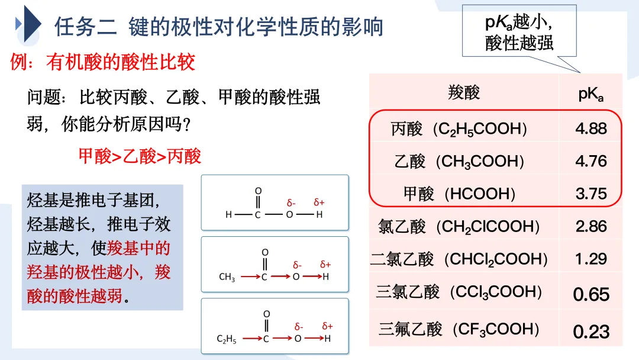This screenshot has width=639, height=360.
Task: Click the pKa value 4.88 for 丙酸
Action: (591, 128)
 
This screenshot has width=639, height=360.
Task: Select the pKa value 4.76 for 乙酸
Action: (591, 161)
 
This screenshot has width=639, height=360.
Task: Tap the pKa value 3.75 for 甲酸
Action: (591, 194)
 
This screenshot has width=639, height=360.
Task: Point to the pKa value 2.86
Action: (591, 226)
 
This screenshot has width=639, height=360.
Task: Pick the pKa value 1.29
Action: (591, 259)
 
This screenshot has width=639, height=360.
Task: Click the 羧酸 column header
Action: (464, 92)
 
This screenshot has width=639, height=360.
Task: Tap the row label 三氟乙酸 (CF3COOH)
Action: (459, 329)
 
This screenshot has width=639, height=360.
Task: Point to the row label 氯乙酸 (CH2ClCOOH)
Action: (459, 226)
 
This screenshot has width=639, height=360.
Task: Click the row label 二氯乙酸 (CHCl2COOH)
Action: (459, 259)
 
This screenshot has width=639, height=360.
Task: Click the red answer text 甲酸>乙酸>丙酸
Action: (140, 156)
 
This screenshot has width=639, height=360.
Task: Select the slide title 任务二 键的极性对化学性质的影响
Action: (219, 27)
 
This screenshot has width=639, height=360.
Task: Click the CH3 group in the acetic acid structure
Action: (227, 277)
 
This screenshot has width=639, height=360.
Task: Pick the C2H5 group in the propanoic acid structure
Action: (227, 339)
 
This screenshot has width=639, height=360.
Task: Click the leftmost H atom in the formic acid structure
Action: (228, 214)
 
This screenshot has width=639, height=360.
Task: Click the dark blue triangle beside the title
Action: (30, 25)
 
